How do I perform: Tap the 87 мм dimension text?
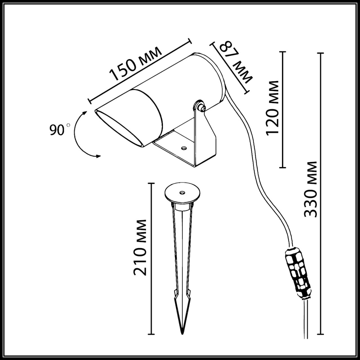click(236, 62)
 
